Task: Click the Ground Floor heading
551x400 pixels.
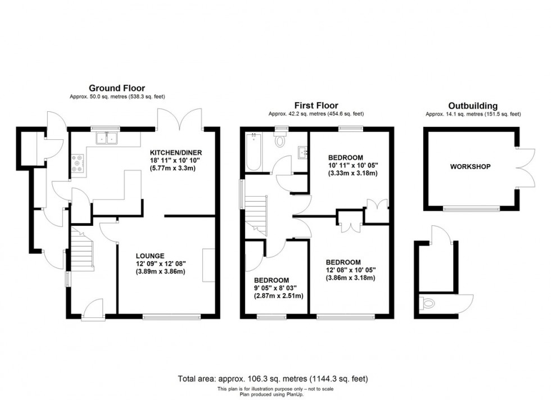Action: tap(116, 88)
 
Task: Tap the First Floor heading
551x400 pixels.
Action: tap(316, 105)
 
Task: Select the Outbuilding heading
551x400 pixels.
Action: tap(473, 105)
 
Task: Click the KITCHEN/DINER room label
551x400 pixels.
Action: tap(175, 152)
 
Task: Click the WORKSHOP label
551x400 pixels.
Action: tap(470, 167)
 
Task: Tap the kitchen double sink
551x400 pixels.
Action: tap(109, 138)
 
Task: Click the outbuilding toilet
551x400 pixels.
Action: tap(428, 304)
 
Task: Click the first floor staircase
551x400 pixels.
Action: tap(256, 213)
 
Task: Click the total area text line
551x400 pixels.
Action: tap(273, 378)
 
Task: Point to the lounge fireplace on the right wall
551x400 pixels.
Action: tap(209, 265)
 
